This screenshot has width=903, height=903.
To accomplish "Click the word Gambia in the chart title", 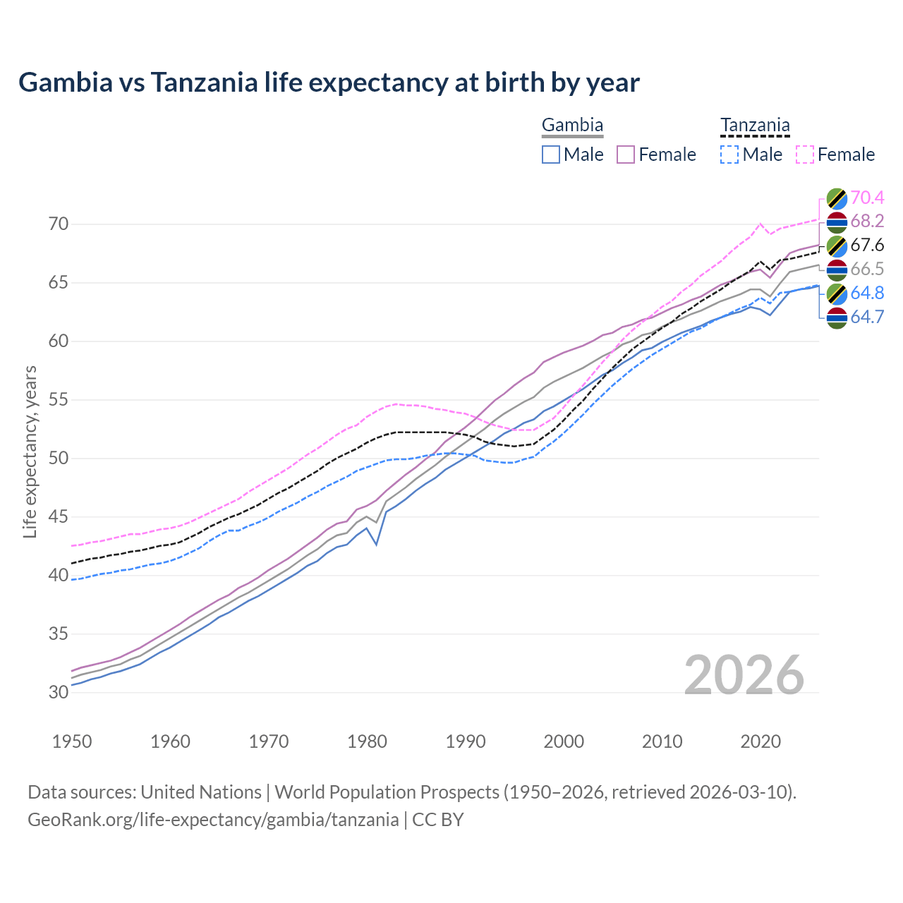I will [65, 83].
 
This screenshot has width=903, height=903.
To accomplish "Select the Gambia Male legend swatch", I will [551, 154].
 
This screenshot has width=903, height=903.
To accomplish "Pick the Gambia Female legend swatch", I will [626, 154].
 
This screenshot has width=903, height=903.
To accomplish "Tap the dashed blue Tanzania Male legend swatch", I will [729, 154].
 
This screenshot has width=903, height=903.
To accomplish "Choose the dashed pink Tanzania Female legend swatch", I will [805, 154].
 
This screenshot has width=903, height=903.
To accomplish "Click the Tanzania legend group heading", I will [755, 126].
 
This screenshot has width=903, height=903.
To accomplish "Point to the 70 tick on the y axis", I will [59, 224].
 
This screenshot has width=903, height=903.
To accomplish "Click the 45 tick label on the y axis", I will [59, 517].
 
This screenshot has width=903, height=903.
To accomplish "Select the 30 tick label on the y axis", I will [59, 692].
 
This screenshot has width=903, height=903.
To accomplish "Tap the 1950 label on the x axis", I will [72, 741].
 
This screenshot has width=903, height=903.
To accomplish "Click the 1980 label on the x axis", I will [367, 741].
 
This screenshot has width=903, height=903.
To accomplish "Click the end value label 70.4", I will [867, 198].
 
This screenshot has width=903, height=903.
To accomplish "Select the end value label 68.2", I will [867, 222].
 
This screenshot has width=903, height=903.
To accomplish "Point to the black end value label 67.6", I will [867, 246].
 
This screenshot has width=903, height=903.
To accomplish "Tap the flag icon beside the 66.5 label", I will [837, 269].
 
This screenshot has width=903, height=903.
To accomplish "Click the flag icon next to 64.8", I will [837, 293].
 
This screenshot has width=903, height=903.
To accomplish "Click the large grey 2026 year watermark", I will [744, 675].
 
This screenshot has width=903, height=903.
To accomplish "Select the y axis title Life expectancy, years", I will [30, 451].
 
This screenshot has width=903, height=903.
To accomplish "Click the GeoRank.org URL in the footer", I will [213, 820].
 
